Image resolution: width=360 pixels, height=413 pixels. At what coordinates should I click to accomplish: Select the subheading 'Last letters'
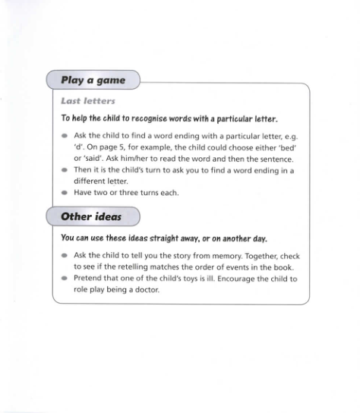coord(87,101)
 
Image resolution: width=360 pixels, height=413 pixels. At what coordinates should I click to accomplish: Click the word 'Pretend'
coord(88,279)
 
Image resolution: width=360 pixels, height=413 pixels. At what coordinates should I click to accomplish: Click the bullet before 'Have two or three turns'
coord(65,194)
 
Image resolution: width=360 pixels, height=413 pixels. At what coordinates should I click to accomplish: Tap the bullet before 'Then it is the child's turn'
coord(65,171)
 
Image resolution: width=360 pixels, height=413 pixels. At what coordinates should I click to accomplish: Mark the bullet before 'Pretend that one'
coord(65,279)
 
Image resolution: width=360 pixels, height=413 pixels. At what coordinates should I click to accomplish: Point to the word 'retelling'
coord(134,267)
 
